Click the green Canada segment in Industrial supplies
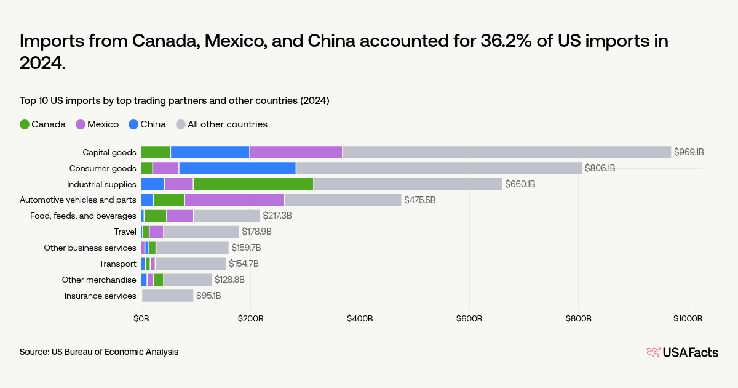pyautogui.click(x=253, y=184)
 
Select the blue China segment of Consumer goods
pyautogui.click(x=237, y=168)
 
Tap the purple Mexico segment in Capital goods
pyautogui.click(x=296, y=152)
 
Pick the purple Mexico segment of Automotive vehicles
pyautogui.click(x=234, y=200)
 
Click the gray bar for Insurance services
pyautogui.click(x=167, y=296)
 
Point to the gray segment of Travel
pyautogui.click(x=201, y=232)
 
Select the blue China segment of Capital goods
pyautogui.click(x=210, y=152)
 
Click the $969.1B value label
pyautogui.click(x=689, y=152)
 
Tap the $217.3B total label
pyautogui.click(x=277, y=216)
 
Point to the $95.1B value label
pyautogui.click(x=208, y=296)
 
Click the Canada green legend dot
pyautogui.click(x=25, y=124)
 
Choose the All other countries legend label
pyautogui.click(x=227, y=124)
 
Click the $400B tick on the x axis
pyautogui.click(x=360, y=318)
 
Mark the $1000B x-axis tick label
pyautogui.click(x=687, y=318)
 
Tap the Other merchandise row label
pyautogui.click(x=98, y=280)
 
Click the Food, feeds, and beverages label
pyautogui.click(x=83, y=216)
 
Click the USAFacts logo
pyautogui.click(x=682, y=352)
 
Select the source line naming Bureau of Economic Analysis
pyautogui.click(x=99, y=352)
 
